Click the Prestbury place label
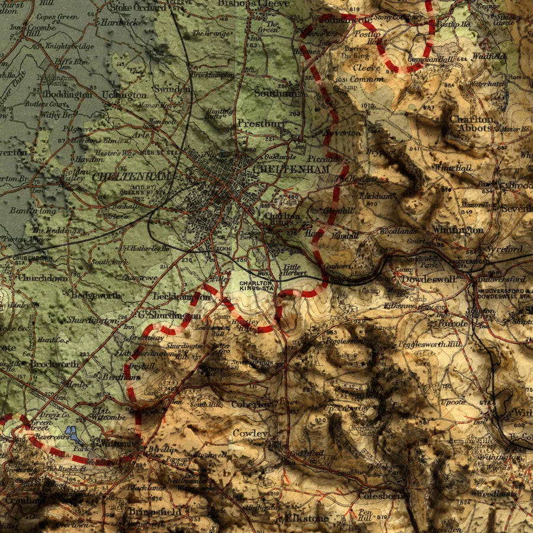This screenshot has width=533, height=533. (x=261, y=123)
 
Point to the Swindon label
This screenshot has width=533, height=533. (x=172, y=89)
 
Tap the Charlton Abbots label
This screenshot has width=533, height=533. (x=471, y=123)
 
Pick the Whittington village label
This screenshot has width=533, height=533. (x=457, y=229)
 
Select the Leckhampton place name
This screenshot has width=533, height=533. (x=181, y=296)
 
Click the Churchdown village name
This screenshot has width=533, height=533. (x=43, y=278)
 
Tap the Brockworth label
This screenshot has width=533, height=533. (x=54, y=364)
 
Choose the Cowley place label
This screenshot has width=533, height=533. (x=249, y=434)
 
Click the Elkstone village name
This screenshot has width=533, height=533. (x=306, y=518)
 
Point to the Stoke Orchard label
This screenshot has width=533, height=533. (x=138, y=8)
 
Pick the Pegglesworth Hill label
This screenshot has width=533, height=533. (x=422, y=344)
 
